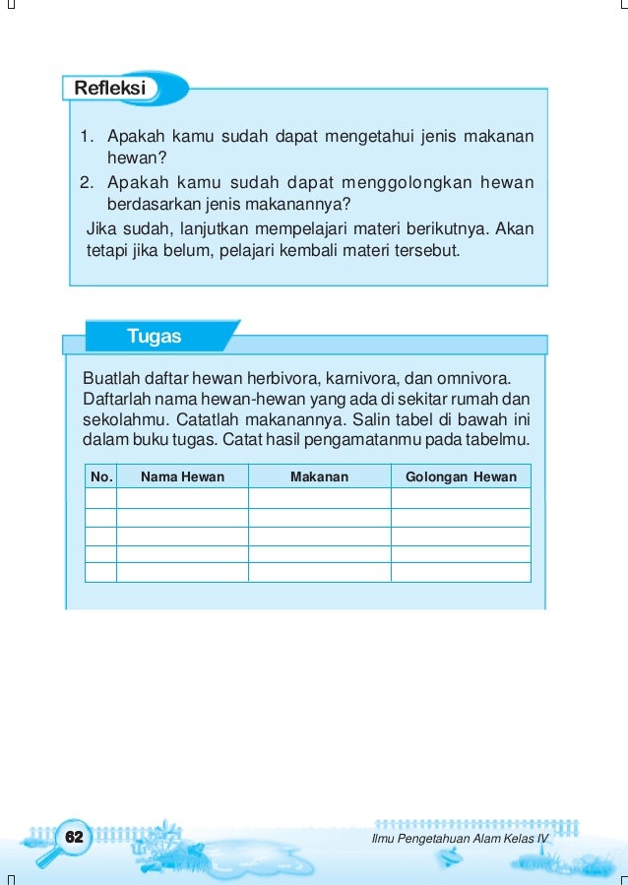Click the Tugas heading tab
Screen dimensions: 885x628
click(154, 337)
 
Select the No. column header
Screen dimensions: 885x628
click(100, 476)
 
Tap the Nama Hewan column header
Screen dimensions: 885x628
click(182, 476)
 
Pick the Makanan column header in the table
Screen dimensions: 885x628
click(319, 476)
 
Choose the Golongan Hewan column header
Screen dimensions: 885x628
click(460, 476)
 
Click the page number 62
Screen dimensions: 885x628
click(72, 837)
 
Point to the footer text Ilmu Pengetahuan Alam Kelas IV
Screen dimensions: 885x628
click(459, 838)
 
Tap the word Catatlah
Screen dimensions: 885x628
click(197, 418)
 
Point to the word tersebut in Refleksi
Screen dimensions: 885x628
click(429, 250)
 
